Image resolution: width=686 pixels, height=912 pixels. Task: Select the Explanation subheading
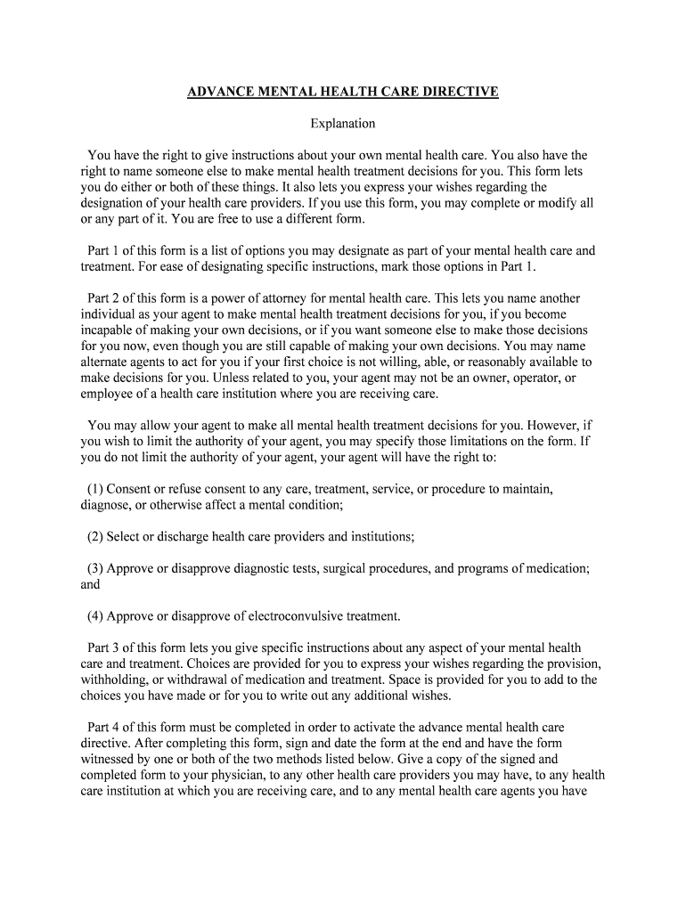[342, 124]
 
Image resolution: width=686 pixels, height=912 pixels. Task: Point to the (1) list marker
[95, 489]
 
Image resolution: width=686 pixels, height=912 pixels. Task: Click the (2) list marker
[95, 536]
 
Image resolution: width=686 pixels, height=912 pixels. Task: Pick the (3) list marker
[95, 568]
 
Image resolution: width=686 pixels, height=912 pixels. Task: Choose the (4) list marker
[95, 615]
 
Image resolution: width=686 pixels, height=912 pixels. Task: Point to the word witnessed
[110, 759]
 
